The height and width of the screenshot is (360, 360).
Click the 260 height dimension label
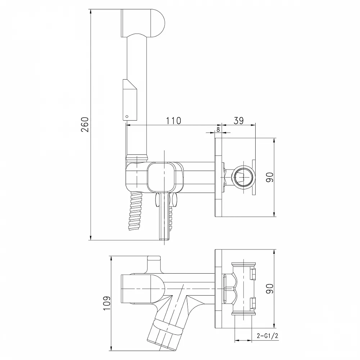pos(85,124)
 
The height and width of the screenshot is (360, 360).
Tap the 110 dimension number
pos(174,121)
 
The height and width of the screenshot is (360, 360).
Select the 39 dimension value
pos(239,120)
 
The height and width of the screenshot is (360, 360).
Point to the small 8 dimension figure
pos(218,130)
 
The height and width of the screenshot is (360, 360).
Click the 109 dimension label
pos(107,303)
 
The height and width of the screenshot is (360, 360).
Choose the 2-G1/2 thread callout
pos(267,336)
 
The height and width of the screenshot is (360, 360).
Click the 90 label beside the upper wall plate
pos(270,177)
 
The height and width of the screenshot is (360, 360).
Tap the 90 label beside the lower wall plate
pos(270,289)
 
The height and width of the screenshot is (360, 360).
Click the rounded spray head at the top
pos(142,23)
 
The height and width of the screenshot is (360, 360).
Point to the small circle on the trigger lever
pos(127,117)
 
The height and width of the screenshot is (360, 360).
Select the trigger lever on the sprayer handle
pos(130,100)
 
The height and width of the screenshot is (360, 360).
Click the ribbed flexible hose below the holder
pos(136,211)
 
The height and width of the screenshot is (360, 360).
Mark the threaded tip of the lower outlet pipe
pos(164,237)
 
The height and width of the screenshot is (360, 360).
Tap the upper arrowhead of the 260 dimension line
pos(91,12)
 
